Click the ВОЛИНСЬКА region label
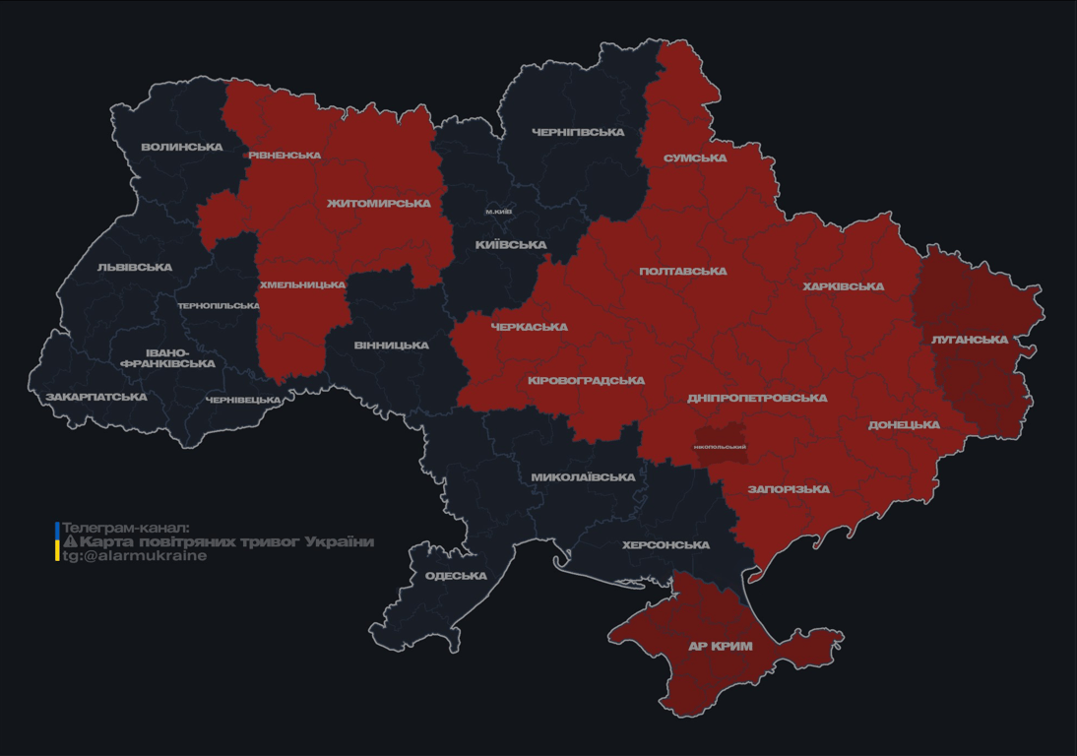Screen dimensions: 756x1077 pos(182,148)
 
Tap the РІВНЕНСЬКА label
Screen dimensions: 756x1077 pos(285,156)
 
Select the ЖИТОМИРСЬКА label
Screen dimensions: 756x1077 pos(379,204)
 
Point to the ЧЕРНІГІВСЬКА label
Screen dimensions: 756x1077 pos(578,132)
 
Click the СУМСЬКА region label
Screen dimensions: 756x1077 pos(695,158)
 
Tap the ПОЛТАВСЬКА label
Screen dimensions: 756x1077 pos(683,272)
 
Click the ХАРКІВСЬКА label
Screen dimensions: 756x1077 pos(843,287)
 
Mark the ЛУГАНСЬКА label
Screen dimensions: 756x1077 pos(970,340)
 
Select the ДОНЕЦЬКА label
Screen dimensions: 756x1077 pos(904,425)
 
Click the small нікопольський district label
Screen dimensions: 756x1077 pos(720,447)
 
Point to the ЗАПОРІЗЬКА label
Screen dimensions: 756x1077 pos(789,489)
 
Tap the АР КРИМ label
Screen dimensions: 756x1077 pos(720,647)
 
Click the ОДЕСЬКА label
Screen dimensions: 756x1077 pos(456,576)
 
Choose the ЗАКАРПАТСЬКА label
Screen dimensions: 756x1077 pos(96,398)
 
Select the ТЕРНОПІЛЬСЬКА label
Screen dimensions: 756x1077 pos(219,306)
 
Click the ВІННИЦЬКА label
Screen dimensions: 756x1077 pos(391,346)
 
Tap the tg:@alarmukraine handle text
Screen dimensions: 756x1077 pos(135,556)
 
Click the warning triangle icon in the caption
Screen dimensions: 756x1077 pos(70,541)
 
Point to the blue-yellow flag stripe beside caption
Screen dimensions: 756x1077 pos(57,541)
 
